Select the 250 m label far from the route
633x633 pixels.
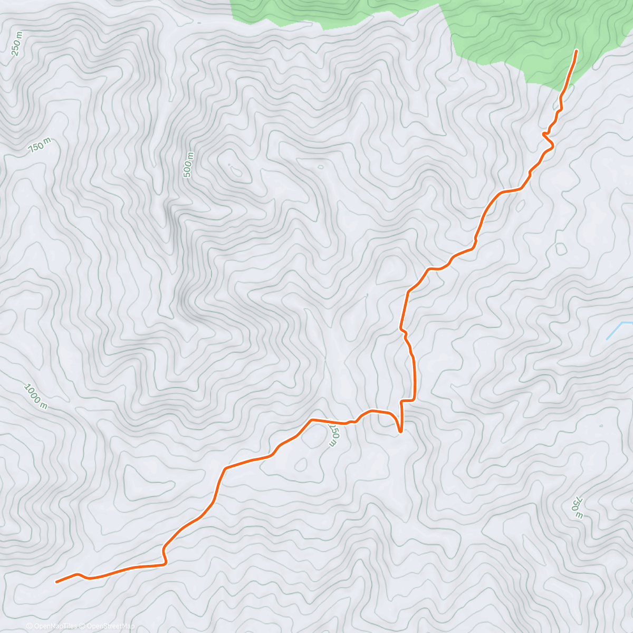[x=17, y=44]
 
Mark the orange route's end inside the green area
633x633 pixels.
[x=576, y=51]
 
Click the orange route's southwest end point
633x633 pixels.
[x=56, y=582]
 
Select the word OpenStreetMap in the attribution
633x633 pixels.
[x=112, y=626]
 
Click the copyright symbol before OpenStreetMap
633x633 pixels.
[x=82, y=626]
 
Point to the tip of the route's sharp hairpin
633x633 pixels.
[x=400, y=431]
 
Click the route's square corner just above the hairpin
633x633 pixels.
[x=402, y=401]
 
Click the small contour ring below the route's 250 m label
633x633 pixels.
[x=301, y=465]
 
